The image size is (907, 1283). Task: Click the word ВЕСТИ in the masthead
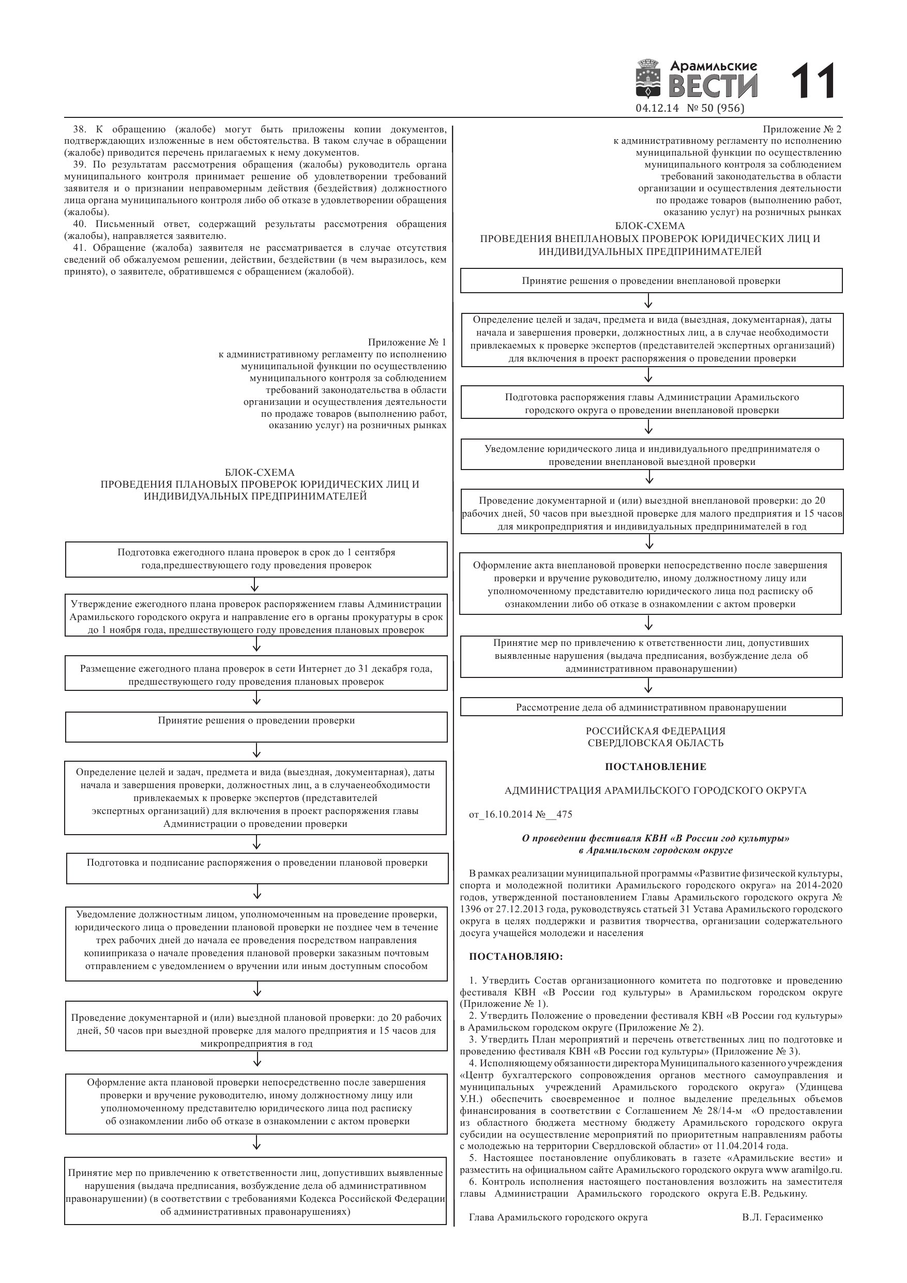click(713, 86)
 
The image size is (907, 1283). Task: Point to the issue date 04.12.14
click(657, 109)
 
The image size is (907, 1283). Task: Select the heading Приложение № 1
click(407, 342)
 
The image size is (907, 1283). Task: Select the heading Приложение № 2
click(802, 129)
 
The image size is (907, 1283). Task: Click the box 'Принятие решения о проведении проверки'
click(256, 727)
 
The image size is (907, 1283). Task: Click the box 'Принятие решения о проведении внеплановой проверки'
click(651, 280)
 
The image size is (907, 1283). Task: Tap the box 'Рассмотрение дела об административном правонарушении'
click(651, 707)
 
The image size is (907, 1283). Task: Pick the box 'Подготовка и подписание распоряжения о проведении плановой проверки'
click(257, 867)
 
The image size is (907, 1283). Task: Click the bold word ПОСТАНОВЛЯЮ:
click(516, 957)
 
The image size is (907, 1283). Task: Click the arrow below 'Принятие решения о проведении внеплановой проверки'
click(648, 303)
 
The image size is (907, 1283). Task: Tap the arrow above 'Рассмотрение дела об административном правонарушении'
click(648, 686)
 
